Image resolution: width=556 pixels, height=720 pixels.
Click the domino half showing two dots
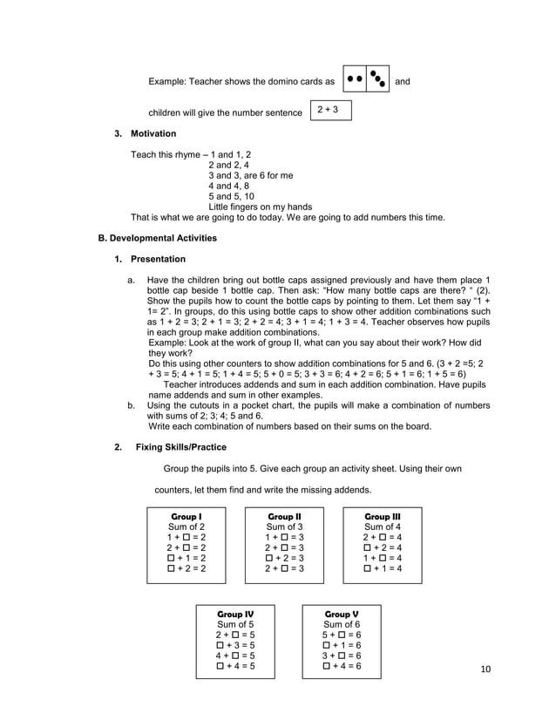[x=355, y=79]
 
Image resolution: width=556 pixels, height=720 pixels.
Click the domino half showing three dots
[x=377, y=79]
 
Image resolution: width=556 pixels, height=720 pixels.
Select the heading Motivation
[x=153, y=133]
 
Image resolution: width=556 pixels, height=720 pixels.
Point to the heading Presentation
[x=158, y=259]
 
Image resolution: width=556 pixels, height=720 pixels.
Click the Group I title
[x=186, y=516]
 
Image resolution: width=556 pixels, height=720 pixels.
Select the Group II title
[x=284, y=516]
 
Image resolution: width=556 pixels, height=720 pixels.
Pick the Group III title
[x=383, y=516]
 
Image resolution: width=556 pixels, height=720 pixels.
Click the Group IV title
[x=235, y=614]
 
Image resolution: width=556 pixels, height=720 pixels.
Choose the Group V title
[x=342, y=614]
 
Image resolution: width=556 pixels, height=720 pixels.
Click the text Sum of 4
[x=383, y=526]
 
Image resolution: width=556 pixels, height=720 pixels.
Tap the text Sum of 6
[x=342, y=624]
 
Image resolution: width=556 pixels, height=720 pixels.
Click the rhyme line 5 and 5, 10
[x=231, y=196]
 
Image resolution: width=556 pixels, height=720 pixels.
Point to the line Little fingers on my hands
[x=261, y=207]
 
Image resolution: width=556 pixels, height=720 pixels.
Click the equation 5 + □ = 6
[x=342, y=635]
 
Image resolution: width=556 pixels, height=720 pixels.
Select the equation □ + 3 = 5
[x=235, y=645]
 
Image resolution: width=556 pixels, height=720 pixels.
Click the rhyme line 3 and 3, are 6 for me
[x=250, y=175]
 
